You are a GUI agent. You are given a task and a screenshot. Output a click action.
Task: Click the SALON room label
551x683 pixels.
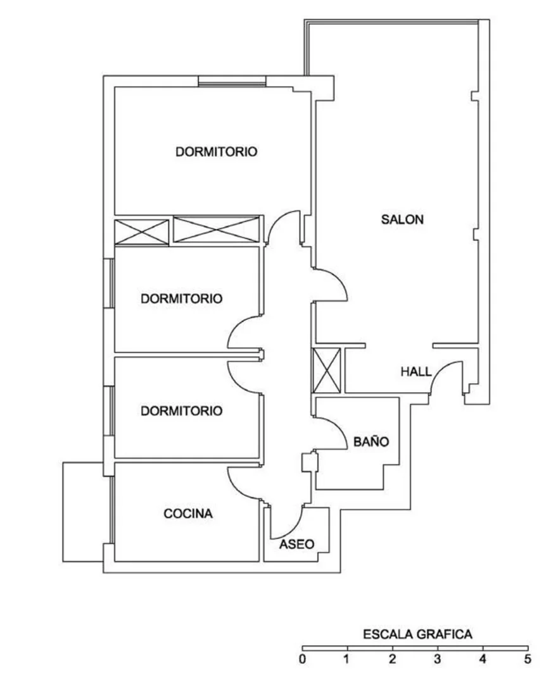click(x=402, y=219)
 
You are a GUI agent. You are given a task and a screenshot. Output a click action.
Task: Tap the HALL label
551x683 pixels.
click(x=415, y=372)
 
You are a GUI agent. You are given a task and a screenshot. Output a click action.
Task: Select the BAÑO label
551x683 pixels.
click(x=371, y=441)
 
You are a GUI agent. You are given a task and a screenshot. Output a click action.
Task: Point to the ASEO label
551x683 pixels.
click(x=296, y=544)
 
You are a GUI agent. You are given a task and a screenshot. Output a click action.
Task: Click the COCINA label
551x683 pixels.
click(x=188, y=514)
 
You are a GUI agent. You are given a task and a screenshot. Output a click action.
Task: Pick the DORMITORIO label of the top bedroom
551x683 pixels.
click(x=217, y=152)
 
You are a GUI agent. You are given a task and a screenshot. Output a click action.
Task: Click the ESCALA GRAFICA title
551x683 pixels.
click(x=417, y=634)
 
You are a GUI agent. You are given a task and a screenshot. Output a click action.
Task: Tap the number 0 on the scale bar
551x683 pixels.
click(x=303, y=659)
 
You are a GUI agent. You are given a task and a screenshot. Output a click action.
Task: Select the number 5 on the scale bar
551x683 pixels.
click(x=528, y=659)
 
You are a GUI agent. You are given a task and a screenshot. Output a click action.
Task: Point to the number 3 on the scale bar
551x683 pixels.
click(x=438, y=659)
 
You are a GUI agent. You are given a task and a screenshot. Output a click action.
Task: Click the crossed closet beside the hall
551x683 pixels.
click(x=327, y=371)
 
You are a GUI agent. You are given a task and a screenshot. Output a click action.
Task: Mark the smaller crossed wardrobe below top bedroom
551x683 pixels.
click(x=141, y=232)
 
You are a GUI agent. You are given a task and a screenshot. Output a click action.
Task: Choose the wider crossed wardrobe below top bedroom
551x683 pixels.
click(x=217, y=229)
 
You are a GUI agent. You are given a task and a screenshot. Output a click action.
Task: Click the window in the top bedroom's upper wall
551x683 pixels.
click(x=232, y=82)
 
